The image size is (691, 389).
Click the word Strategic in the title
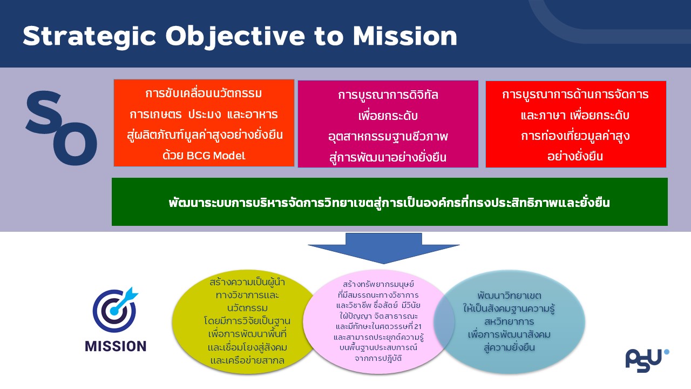[x=90, y=37]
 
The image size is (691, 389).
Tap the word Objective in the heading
[x=235, y=37]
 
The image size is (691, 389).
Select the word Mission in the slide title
[x=405, y=36]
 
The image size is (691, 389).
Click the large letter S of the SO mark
[x=44, y=112]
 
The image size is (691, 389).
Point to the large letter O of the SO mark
[x=75, y=144]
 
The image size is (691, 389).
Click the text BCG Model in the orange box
[x=216, y=156]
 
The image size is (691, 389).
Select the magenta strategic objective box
[x=388, y=124]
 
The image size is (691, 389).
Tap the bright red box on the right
[x=576, y=124]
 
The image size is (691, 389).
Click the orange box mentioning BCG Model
[x=204, y=123]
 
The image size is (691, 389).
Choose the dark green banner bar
[x=390, y=202]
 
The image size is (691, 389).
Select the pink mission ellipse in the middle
[x=379, y=321]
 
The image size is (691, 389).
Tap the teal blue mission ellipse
[x=509, y=321]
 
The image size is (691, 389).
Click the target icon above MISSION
[x=115, y=310]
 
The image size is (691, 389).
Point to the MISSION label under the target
[x=116, y=346]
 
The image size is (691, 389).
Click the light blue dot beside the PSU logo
[x=667, y=352]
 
